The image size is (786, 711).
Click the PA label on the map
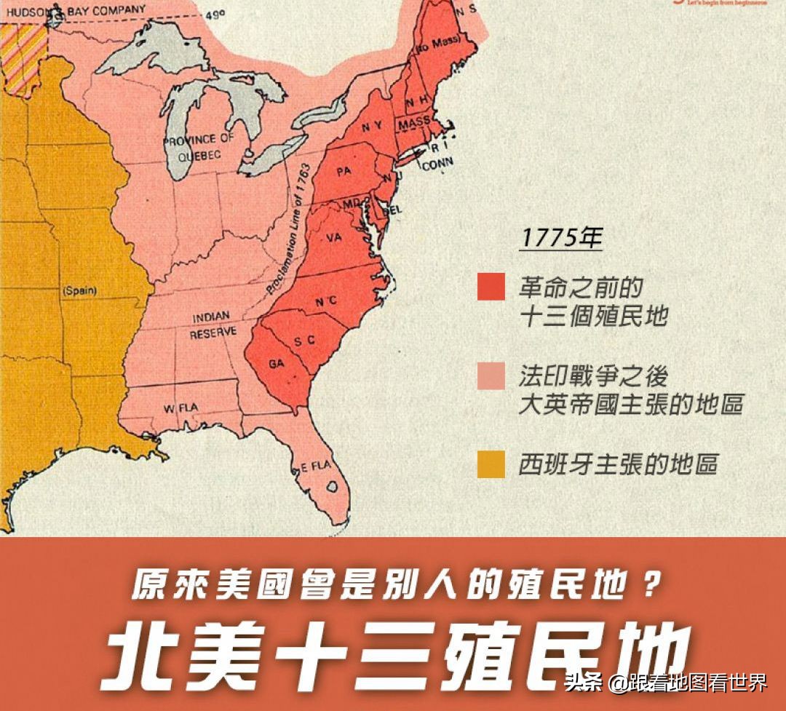point(344,172)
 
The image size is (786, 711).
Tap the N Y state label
point(372,126)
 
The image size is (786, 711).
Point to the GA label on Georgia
point(276,363)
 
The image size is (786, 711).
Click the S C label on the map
point(304,341)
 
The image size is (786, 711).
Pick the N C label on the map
point(325,301)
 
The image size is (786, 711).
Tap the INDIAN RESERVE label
point(213,325)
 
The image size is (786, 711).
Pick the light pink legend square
point(491,376)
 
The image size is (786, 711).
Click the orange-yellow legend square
point(491,464)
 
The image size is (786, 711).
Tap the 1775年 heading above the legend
point(560,238)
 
